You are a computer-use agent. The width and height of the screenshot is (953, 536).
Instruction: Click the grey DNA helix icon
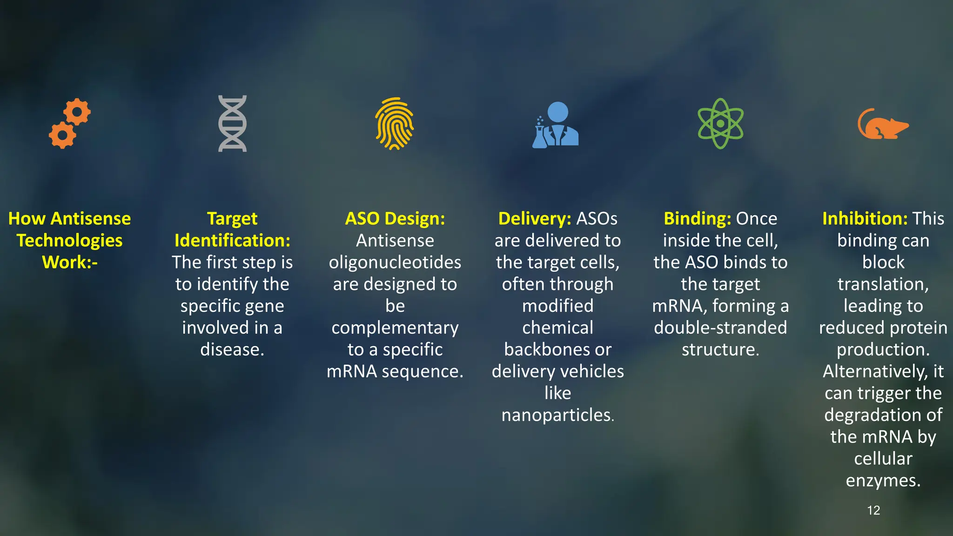click(x=232, y=123)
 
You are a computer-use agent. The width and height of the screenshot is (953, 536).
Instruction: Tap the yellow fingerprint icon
click(x=395, y=123)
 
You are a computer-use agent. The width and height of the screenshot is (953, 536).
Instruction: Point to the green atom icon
click(x=720, y=123)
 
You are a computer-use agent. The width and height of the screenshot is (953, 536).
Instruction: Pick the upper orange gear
click(x=77, y=112)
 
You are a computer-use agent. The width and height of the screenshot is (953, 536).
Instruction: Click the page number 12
click(x=873, y=510)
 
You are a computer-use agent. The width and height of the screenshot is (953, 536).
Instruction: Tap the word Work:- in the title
click(x=70, y=262)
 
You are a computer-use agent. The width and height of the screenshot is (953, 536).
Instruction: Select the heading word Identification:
click(x=232, y=241)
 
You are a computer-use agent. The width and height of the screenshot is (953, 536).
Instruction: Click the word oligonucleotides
click(x=395, y=262)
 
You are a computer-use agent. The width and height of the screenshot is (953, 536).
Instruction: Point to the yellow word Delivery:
click(x=534, y=219)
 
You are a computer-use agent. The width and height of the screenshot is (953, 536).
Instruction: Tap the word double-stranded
click(x=720, y=328)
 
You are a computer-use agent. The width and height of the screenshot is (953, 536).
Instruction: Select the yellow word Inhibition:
click(x=865, y=219)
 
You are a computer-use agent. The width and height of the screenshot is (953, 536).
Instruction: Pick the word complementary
click(x=395, y=328)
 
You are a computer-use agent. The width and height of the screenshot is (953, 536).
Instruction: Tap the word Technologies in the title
click(x=70, y=241)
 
